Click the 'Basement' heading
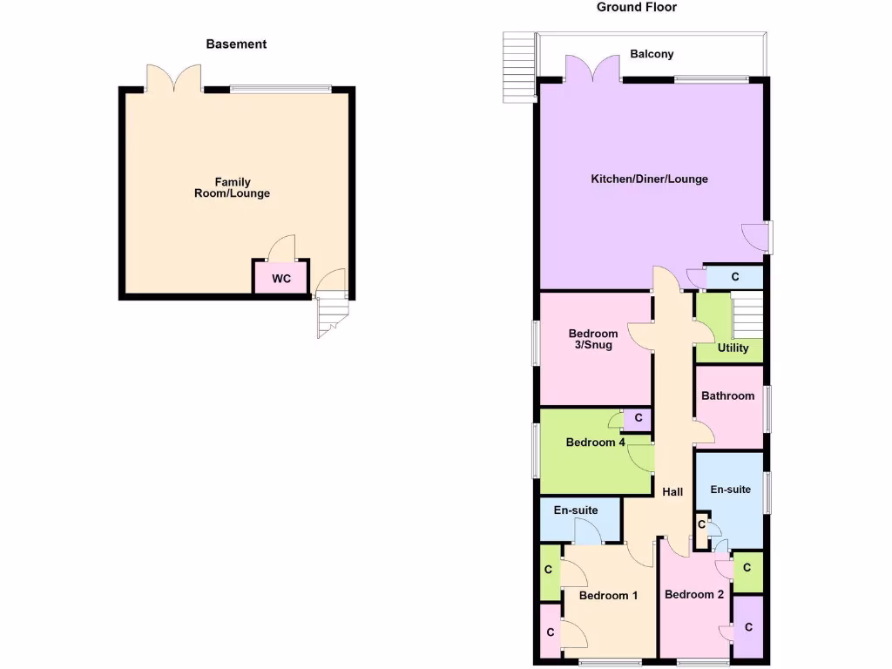tap(236, 44)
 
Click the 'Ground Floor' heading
tap(636, 7)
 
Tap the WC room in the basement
tap(280, 279)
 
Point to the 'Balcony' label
tap(652, 54)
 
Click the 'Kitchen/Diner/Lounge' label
tap(649, 179)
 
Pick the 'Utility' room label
tap(733, 348)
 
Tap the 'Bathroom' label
tap(727, 395)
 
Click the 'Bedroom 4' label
tap(595, 443)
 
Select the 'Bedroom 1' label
tap(608, 596)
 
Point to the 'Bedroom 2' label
tap(693, 595)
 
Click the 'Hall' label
tap(672, 492)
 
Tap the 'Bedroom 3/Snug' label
tap(592, 339)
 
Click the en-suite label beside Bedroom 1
tap(576, 510)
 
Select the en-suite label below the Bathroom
tap(730, 490)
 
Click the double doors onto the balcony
tap(580, 70)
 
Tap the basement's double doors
tap(174, 78)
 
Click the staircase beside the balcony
tap(519, 68)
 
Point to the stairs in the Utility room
tap(747, 317)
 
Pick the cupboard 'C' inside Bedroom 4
tap(639, 419)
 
